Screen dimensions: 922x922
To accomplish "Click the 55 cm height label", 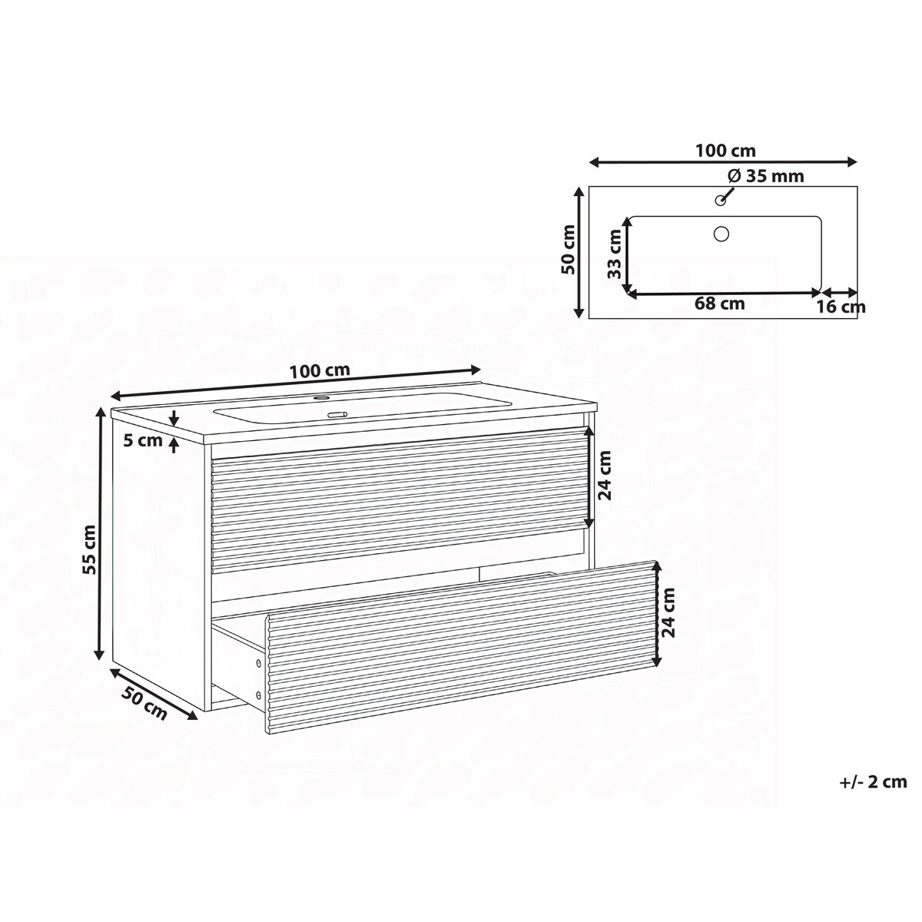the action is point(89,549).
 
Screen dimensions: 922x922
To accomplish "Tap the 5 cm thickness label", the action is point(143,440).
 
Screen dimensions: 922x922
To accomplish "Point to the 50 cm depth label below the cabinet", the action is point(144,703).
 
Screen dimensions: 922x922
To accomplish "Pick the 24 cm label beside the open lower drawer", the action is point(668,613).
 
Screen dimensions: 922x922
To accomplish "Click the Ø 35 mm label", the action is point(766,176).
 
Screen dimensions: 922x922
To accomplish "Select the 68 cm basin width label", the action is point(720,303).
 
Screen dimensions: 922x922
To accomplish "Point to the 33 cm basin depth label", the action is point(615,254).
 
